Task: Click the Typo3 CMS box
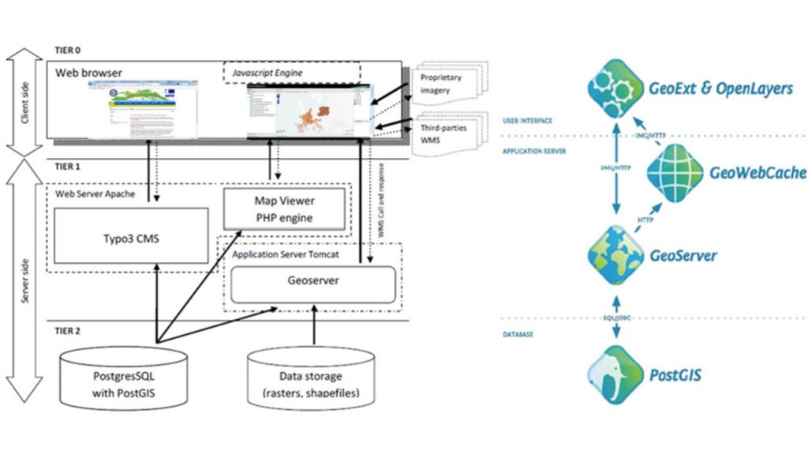tap(132, 237)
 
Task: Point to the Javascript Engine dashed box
tap(291, 73)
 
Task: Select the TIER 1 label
tap(69, 167)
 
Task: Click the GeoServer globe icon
tap(612, 255)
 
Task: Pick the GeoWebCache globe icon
tap(676, 171)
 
